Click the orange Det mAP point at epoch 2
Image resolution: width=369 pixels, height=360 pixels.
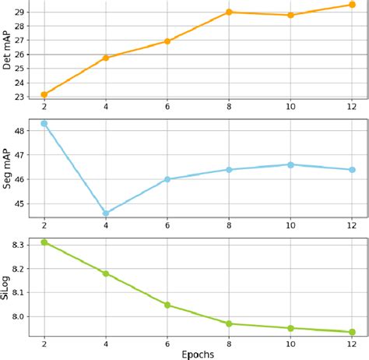pyautogui.click(x=44, y=94)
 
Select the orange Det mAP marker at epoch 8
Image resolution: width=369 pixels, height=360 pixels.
pyautogui.click(x=229, y=12)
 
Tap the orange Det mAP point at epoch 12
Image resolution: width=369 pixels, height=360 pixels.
pyautogui.click(x=352, y=5)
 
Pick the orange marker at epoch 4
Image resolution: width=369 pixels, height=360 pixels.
pyautogui.click(x=105, y=58)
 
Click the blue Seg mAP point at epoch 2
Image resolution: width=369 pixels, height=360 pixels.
pyautogui.click(x=44, y=123)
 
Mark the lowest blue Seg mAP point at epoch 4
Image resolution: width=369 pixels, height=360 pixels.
pyautogui.click(x=105, y=213)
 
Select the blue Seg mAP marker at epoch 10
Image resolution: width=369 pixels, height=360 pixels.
pyautogui.click(x=290, y=164)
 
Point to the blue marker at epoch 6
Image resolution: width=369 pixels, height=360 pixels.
pyautogui.click(x=167, y=179)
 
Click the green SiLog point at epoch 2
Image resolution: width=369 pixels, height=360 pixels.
pyautogui.click(x=44, y=242)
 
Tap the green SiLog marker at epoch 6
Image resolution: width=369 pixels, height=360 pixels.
pyautogui.click(x=167, y=305)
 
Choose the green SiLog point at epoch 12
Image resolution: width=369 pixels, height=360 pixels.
pyautogui.click(x=352, y=332)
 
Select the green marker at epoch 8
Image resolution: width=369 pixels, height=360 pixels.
pyautogui.click(x=229, y=323)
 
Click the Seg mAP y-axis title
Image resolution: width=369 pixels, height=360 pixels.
pyautogui.click(x=7, y=168)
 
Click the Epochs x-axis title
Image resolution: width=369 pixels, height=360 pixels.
pyautogui.click(x=198, y=353)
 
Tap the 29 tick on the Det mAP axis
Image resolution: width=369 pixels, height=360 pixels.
pyautogui.click(x=19, y=12)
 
